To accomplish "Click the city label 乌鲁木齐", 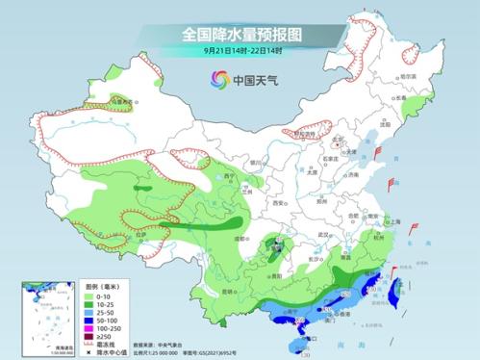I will tap(122, 99).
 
